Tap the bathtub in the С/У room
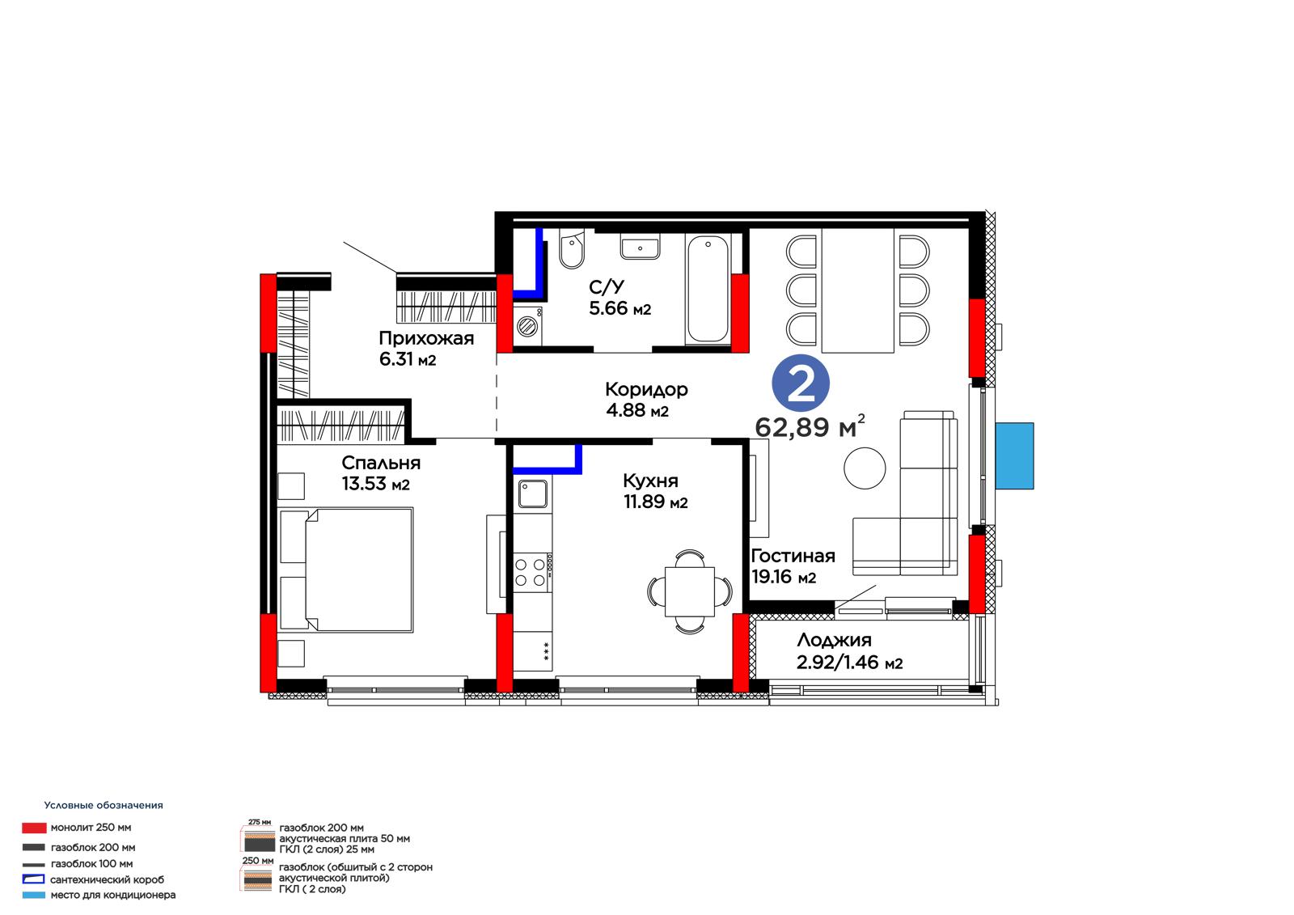click(x=708, y=289)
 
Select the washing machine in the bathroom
click(x=528, y=327)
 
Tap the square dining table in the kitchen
click(x=690, y=592)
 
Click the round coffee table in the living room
click(x=865, y=468)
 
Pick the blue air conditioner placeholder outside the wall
click(x=1014, y=456)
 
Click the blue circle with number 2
click(x=801, y=383)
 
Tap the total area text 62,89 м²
click(x=810, y=426)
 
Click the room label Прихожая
click(x=426, y=339)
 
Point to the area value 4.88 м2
click(x=637, y=410)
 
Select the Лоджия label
click(x=834, y=641)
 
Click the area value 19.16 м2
click(x=784, y=577)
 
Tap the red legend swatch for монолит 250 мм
click(x=34, y=828)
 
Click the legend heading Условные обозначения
click(x=104, y=805)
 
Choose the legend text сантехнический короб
click(x=108, y=879)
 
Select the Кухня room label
click(x=650, y=481)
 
